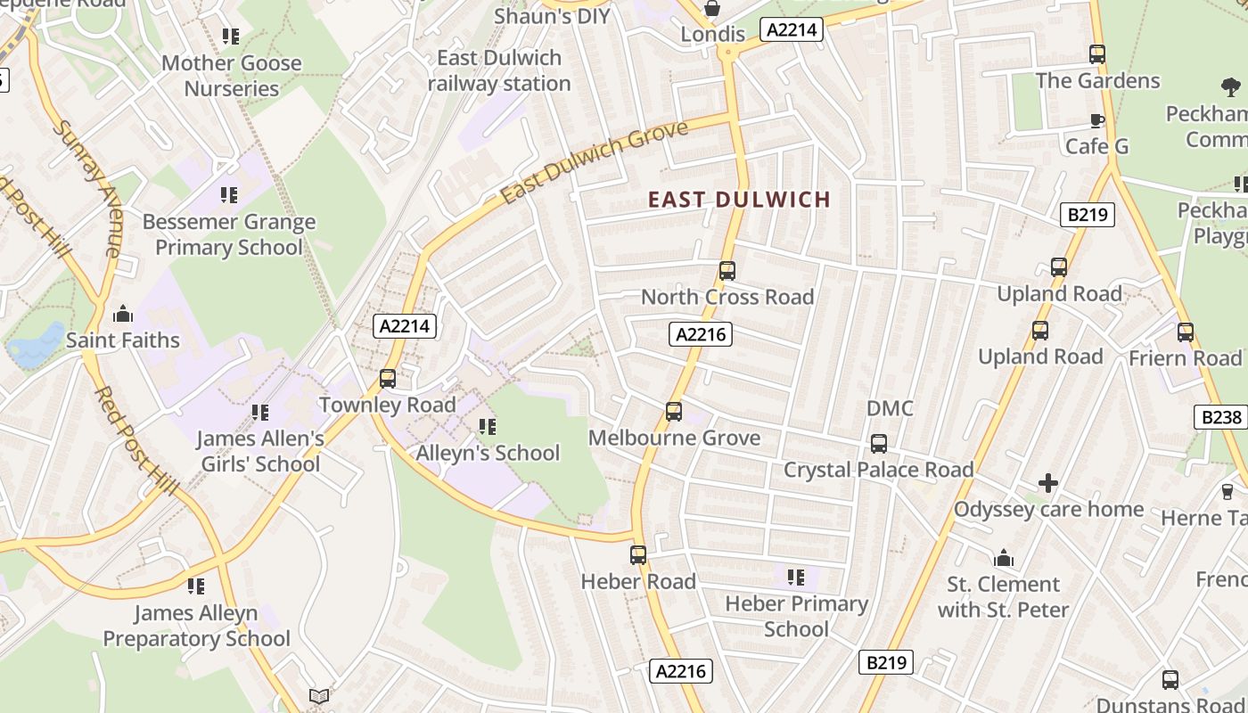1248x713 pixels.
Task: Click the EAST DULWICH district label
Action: point(739,199)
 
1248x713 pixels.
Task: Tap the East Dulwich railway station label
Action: point(499,70)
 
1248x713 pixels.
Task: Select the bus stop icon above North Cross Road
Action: point(727,270)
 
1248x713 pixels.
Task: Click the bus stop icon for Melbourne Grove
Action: point(674,411)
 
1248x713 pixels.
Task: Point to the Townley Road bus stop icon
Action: point(388,378)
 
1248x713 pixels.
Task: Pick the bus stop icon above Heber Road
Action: point(638,554)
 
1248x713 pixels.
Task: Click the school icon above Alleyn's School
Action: point(488,426)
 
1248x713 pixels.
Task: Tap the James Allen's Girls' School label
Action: point(260,451)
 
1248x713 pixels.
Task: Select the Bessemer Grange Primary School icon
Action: point(229,194)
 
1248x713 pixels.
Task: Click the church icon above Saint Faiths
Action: point(123,314)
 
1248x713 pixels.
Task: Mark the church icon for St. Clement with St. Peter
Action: point(1004,558)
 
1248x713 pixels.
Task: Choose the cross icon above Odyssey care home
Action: point(1048,483)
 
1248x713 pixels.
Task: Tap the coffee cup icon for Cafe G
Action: point(1097,121)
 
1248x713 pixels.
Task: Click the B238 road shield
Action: point(1219,417)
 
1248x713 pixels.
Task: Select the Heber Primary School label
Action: point(796,616)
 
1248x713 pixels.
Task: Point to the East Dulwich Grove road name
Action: point(595,161)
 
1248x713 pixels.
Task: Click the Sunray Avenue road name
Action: point(86,188)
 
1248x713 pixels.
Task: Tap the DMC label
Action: point(890,408)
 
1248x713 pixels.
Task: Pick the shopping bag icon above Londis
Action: point(713,9)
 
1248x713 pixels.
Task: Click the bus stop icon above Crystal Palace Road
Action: point(879,443)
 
